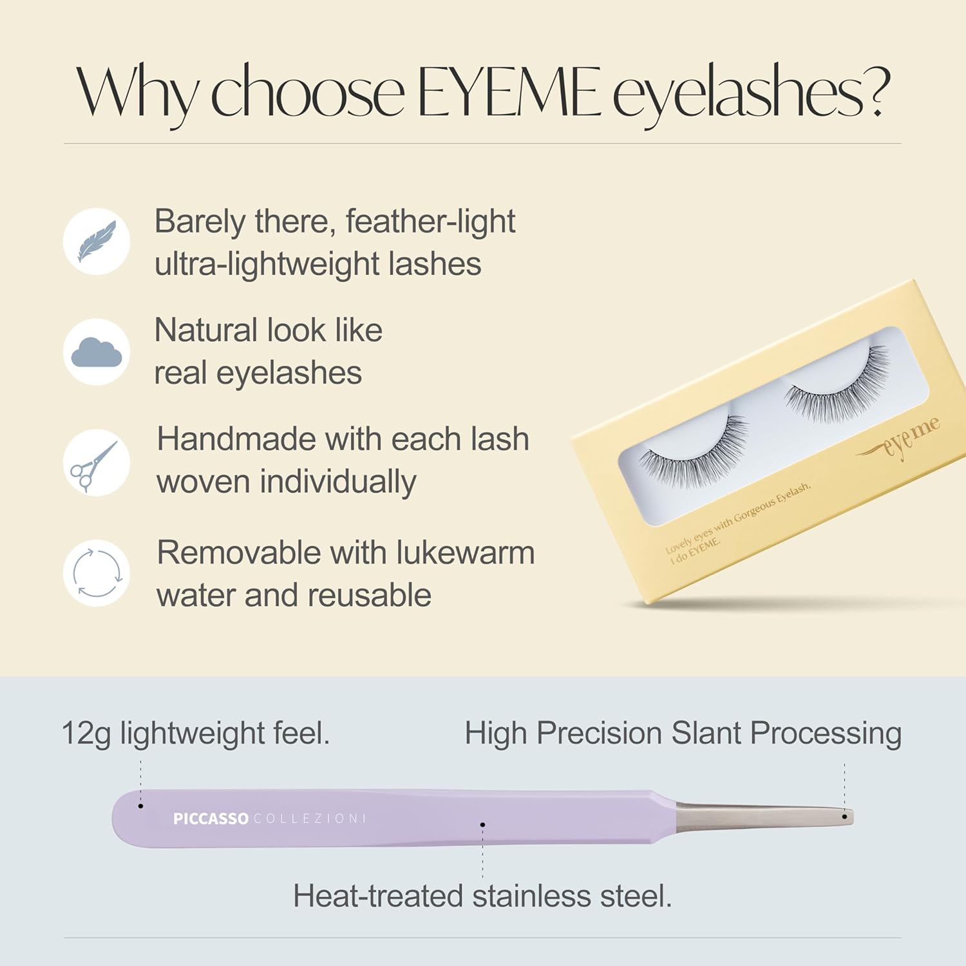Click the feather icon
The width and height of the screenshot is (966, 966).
click(x=97, y=241)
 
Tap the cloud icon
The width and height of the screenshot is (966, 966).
click(x=97, y=352)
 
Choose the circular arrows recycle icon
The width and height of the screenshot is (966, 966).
click(x=97, y=573)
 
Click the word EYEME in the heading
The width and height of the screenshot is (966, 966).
click(x=509, y=93)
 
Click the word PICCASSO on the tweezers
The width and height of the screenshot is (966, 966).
click(x=211, y=819)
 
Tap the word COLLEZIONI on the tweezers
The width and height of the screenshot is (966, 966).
click(x=309, y=819)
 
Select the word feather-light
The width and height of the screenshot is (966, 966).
click(x=430, y=222)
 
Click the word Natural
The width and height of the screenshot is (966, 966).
click(x=206, y=330)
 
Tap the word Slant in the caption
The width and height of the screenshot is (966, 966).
click(x=706, y=734)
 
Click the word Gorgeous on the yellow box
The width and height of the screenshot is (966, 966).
click(x=753, y=513)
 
